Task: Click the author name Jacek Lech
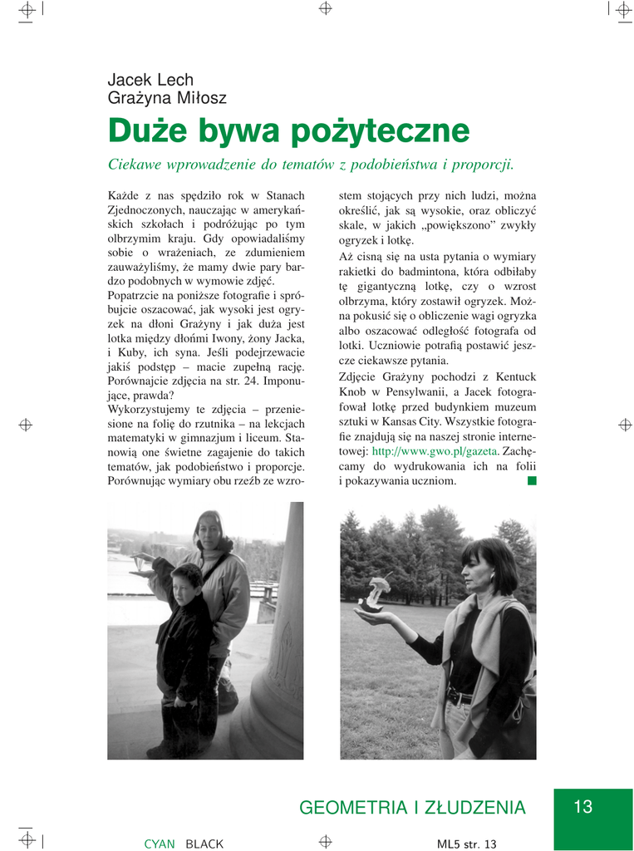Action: pyautogui.click(x=150, y=80)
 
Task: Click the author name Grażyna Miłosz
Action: pyautogui.click(x=166, y=98)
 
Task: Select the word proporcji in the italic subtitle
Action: pyautogui.click(x=478, y=165)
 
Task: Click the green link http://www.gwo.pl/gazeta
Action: pyautogui.click(x=435, y=450)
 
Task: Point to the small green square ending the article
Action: pyautogui.click(x=532, y=480)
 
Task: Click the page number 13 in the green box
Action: pyautogui.click(x=582, y=806)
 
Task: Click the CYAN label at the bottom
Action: pyautogui.click(x=160, y=844)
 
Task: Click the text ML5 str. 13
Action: pyautogui.click(x=466, y=844)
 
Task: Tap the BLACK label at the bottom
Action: pyautogui.click(x=204, y=844)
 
